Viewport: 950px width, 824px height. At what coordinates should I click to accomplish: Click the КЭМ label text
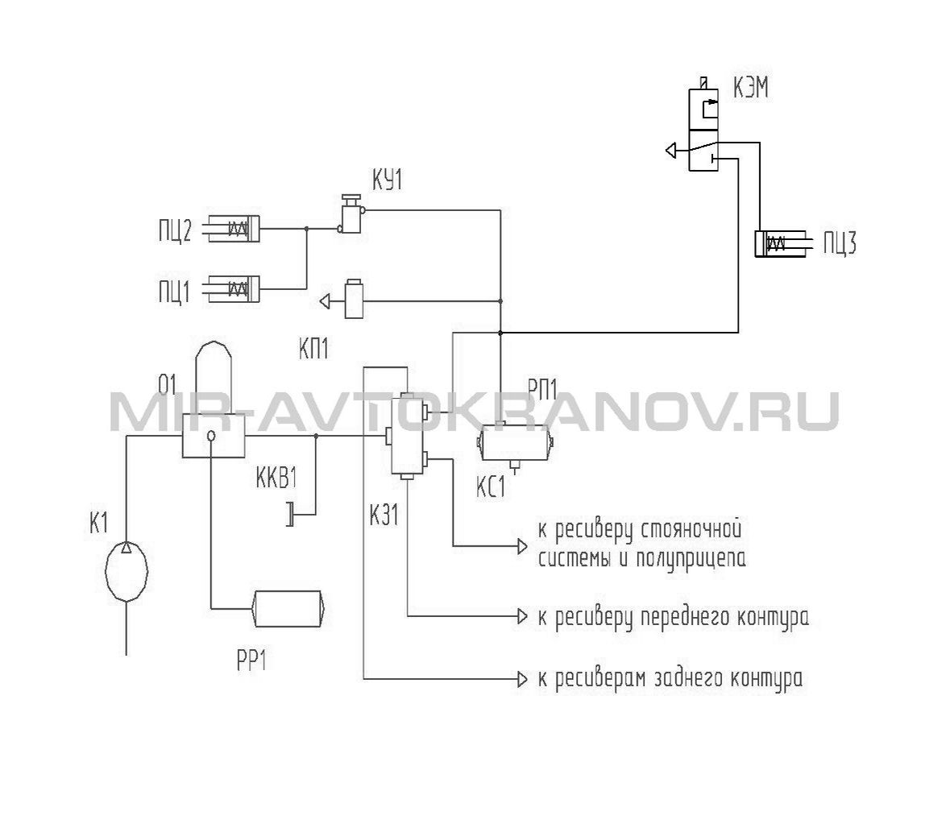751,89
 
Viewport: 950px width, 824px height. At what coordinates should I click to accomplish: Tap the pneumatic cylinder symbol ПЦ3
780,243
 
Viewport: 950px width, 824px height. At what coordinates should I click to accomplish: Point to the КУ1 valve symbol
351,213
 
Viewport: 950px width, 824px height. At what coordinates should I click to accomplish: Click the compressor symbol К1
127,569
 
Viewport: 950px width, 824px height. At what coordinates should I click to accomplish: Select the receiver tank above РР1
288,608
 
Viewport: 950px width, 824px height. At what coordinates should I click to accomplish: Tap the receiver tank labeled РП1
516,445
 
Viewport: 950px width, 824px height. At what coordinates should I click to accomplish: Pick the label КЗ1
384,516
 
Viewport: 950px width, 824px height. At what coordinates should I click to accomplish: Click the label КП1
313,349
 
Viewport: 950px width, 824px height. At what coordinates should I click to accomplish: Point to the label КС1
490,487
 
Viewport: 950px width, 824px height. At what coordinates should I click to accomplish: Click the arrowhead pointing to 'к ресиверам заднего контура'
522,679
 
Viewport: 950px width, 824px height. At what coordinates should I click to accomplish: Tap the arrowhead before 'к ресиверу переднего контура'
522,616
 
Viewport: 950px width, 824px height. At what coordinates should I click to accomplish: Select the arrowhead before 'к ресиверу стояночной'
522,547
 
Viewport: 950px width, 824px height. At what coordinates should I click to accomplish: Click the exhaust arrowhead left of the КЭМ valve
670,150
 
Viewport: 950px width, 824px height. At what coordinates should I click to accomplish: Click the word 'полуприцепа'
691,559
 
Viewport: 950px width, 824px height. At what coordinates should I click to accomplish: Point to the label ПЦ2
175,231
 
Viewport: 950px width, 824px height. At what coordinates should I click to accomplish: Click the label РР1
252,661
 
